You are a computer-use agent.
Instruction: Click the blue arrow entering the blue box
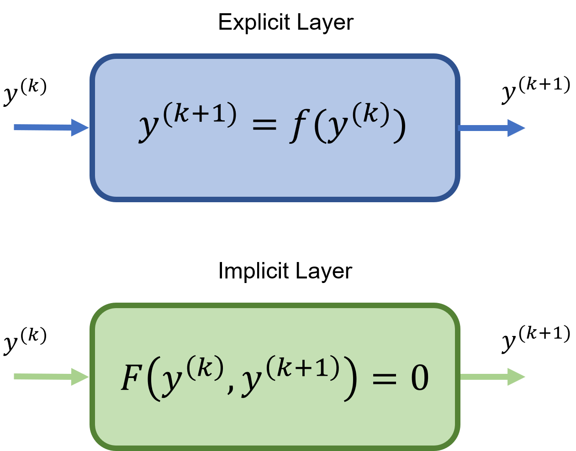50,127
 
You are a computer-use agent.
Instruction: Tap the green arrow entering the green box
50,377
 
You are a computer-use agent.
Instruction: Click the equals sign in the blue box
264,124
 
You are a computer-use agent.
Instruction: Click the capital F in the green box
131,378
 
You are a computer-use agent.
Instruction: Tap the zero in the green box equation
420,378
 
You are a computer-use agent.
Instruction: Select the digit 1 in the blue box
221,114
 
